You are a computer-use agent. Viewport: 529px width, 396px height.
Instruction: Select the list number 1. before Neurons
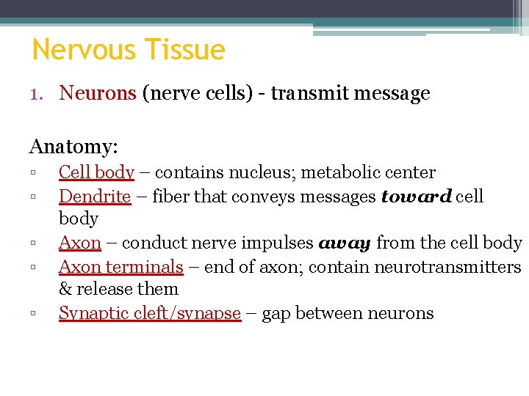coord(40,94)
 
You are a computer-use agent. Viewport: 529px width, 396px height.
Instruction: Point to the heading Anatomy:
coord(73,147)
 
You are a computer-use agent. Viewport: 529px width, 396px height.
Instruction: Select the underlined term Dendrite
coord(94,197)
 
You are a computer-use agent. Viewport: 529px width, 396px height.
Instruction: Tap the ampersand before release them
coord(65,290)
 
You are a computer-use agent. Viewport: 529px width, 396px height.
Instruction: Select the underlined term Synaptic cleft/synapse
coord(150,313)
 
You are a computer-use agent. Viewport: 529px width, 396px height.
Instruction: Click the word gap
coord(276,314)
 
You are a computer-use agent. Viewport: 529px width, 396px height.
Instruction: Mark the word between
coord(328,313)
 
